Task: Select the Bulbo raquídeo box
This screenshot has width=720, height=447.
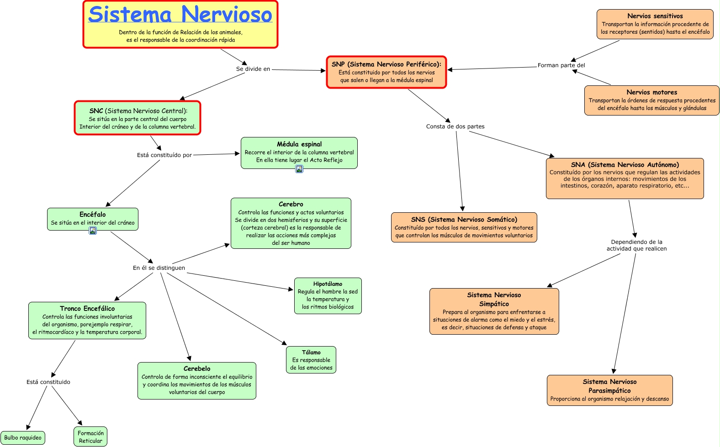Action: click(23, 438)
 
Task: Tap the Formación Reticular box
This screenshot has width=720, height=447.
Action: click(90, 437)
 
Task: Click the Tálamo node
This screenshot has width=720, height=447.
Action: click(311, 360)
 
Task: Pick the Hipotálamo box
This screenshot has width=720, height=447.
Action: click(328, 296)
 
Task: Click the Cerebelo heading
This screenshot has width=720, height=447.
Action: click(197, 368)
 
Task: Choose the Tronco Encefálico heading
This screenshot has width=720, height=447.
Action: click(87, 309)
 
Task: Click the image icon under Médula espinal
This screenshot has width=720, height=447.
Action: click(299, 169)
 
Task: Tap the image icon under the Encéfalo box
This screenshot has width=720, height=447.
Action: click(93, 231)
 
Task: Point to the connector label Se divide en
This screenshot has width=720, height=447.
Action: click(253, 69)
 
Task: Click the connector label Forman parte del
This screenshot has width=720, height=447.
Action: click(561, 65)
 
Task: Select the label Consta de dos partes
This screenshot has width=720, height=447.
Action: click(455, 126)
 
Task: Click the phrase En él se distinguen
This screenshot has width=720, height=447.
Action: click(159, 268)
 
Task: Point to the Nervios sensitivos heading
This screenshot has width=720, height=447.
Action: click(655, 16)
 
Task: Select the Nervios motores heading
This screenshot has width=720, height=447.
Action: click(652, 92)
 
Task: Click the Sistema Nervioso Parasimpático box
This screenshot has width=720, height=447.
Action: click(609, 390)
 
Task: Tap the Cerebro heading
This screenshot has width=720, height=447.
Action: click(291, 204)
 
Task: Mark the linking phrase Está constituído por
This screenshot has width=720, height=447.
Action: click(164, 155)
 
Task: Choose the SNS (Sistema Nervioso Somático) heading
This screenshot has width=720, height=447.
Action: click(464, 220)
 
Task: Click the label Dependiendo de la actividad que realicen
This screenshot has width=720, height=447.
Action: click(636, 245)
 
